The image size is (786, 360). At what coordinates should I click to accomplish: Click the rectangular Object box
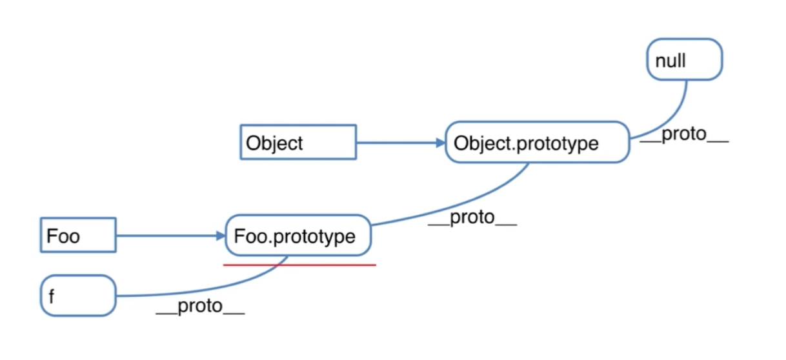297,142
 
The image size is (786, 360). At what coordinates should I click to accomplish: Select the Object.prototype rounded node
537,142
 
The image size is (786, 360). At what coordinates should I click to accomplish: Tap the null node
684,59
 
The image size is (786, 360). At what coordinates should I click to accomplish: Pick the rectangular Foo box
77,235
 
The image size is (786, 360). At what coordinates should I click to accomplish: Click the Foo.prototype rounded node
298,235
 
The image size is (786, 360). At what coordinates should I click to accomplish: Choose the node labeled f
78,295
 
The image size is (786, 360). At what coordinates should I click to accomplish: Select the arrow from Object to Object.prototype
397,143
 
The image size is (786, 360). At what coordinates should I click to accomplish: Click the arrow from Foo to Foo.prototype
168,235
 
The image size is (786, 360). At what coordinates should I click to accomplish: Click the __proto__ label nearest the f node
200,306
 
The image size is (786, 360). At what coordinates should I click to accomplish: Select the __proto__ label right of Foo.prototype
472,217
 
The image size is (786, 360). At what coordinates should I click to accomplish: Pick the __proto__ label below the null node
684,137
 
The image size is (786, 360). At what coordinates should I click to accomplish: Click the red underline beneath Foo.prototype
299,265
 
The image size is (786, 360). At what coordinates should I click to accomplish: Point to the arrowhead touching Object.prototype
439,143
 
